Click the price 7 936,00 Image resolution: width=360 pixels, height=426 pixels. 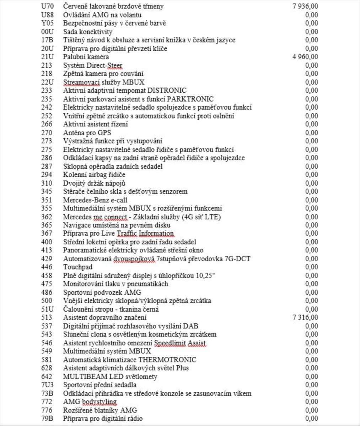(305, 6)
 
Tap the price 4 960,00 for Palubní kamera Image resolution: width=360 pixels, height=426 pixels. (305, 57)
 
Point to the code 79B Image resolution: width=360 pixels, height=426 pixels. (47, 419)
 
